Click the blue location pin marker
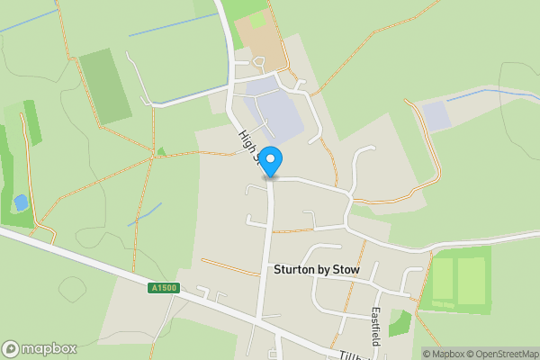point(270,160)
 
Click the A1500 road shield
point(165,288)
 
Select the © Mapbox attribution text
point(444,353)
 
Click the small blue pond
point(20,202)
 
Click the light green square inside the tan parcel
point(256,19)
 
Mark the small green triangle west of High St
point(160,150)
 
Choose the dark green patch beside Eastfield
point(400,323)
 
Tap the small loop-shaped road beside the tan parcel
point(259,62)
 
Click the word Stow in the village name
point(348,270)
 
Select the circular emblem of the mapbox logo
point(11,349)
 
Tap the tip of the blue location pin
point(270,176)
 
